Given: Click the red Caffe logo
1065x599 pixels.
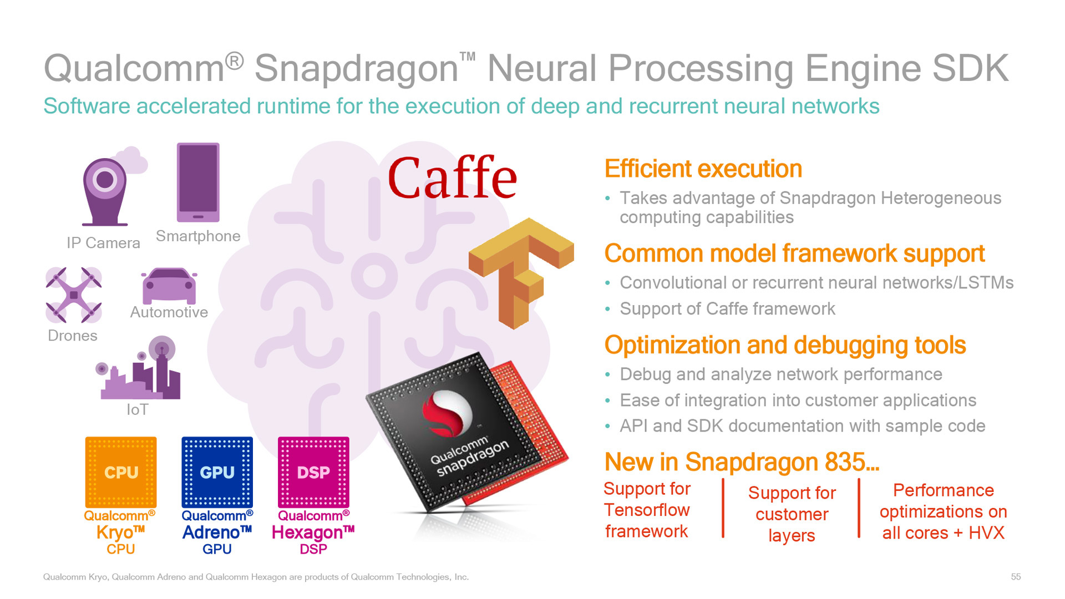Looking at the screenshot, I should tap(452, 178).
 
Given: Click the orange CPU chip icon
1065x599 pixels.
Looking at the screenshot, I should tap(121, 472).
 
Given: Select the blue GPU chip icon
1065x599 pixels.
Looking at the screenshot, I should tap(217, 472).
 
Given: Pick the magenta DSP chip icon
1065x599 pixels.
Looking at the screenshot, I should tap(313, 472).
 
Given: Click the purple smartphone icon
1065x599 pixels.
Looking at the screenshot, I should tap(198, 182).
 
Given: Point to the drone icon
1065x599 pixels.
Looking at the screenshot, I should tap(73, 295).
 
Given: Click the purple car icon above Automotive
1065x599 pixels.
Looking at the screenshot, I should tap(169, 285).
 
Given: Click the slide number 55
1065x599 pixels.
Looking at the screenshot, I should tap(1016, 577).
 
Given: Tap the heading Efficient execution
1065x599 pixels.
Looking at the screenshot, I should tap(703, 169).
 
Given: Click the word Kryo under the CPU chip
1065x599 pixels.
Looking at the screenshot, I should tap(115, 532).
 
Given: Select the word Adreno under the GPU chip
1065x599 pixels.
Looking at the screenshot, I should tap(211, 532).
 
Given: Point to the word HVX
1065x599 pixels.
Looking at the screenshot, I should tap(986, 533).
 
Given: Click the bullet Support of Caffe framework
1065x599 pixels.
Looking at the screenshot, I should tap(727, 309).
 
